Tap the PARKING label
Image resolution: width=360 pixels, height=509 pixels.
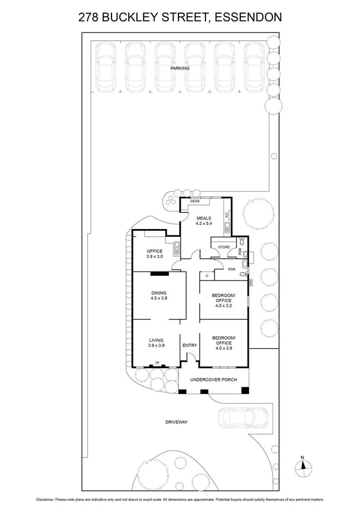click(x=180, y=68)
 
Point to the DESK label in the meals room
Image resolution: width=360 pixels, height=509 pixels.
click(x=195, y=201)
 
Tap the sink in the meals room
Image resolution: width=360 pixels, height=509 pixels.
click(x=227, y=228)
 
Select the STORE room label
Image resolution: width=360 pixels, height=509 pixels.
click(x=224, y=246)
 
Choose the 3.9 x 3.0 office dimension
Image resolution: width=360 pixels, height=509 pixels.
click(x=155, y=256)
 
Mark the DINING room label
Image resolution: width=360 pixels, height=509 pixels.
click(x=159, y=293)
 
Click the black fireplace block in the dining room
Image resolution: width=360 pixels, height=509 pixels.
click(x=159, y=275)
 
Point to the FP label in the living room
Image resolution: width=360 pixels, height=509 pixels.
click(x=158, y=363)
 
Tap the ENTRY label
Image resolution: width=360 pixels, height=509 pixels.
click(x=189, y=345)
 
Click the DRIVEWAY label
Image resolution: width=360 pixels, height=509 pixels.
click(x=176, y=422)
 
